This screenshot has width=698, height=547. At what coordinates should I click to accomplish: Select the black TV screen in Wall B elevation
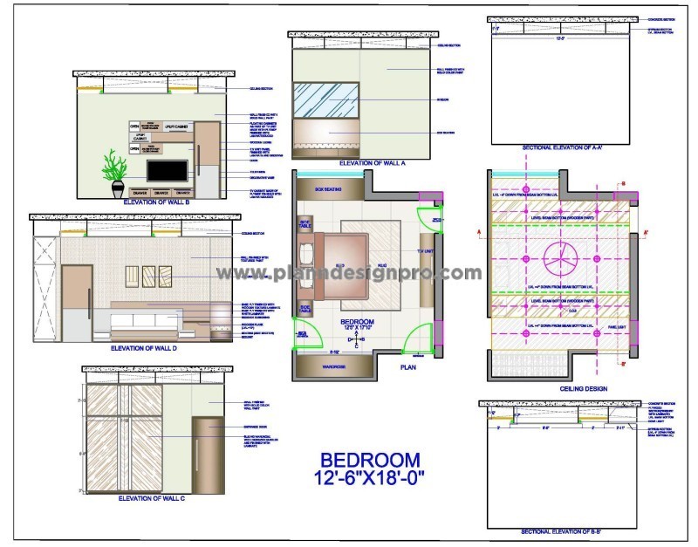[x=167, y=170]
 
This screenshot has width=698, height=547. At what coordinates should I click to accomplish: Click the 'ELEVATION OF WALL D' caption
[x=144, y=347]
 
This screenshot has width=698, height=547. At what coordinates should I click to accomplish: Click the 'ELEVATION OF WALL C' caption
[x=149, y=499]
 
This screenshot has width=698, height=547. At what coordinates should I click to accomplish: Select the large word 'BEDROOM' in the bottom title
[x=370, y=460]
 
